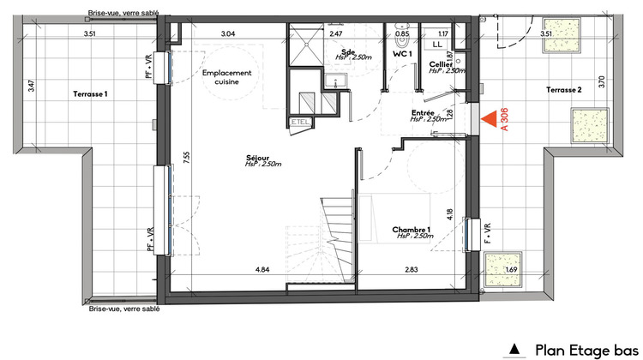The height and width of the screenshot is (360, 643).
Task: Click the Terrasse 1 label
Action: point(91,93)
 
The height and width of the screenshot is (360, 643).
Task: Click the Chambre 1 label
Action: point(412,231)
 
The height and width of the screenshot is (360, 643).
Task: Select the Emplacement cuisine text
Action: point(228,79)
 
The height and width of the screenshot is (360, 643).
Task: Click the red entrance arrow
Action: point(492,121)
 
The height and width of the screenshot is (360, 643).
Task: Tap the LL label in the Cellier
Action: point(437,42)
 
